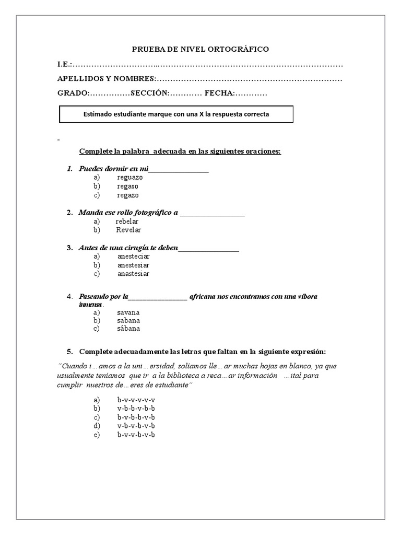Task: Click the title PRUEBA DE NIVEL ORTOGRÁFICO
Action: (x=200, y=49)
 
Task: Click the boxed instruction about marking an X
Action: (x=176, y=114)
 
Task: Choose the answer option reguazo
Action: (x=130, y=177)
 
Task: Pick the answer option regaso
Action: (x=128, y=186)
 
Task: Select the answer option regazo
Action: (x=128, y=195)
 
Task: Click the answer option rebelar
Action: (x=127, y=221)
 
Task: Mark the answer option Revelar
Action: (x=128, y=229)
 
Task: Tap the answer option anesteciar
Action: (x=134, y=256)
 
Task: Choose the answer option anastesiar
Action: (x=134, y=273)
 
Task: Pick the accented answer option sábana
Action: (x=128, y=329)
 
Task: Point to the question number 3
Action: (x=69, y=247)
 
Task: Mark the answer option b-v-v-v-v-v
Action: (x=136, y=400)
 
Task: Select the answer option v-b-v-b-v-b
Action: (x=136, y=426)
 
